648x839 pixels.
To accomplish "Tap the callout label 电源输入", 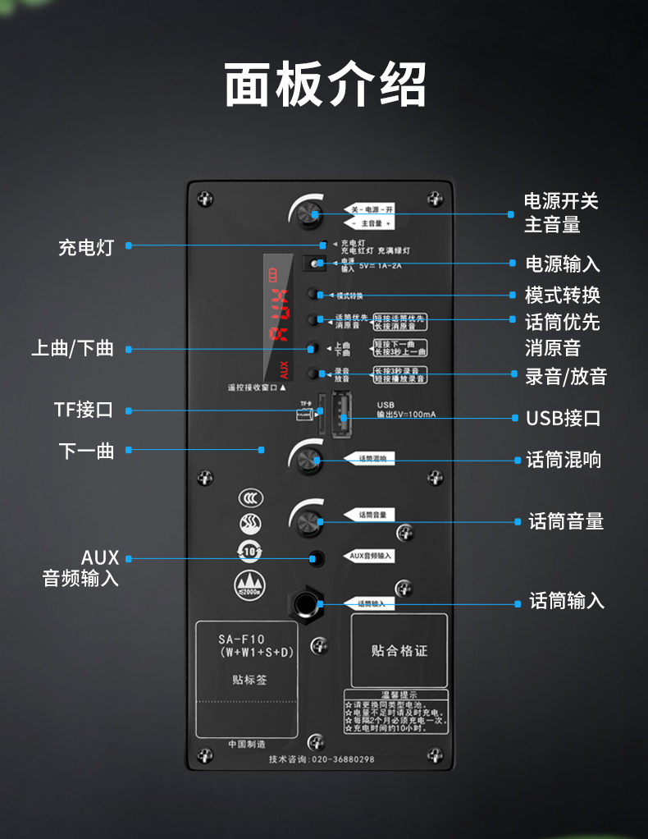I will coord(563,264).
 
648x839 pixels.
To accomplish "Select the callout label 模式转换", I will coord(563,295).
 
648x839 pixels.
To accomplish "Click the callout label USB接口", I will coord(564,418).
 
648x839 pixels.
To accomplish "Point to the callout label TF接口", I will coord(84,410).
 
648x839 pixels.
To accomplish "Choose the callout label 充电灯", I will coord(85,246).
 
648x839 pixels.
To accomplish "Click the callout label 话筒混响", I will coord(564,460).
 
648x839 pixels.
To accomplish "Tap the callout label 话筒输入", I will coord(567,601).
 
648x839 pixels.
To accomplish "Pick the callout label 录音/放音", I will coord(566,377).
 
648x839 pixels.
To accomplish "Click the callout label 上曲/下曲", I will coord(72,348).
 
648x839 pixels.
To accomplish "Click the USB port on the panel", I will coord(341,411).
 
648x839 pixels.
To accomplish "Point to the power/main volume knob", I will coord(309,213).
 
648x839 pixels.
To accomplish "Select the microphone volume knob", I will coord(308,520).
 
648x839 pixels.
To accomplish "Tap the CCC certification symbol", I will coord(250,498).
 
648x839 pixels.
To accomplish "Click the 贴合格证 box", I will coord(399,650).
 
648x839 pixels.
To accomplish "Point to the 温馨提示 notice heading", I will coord(396,695).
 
